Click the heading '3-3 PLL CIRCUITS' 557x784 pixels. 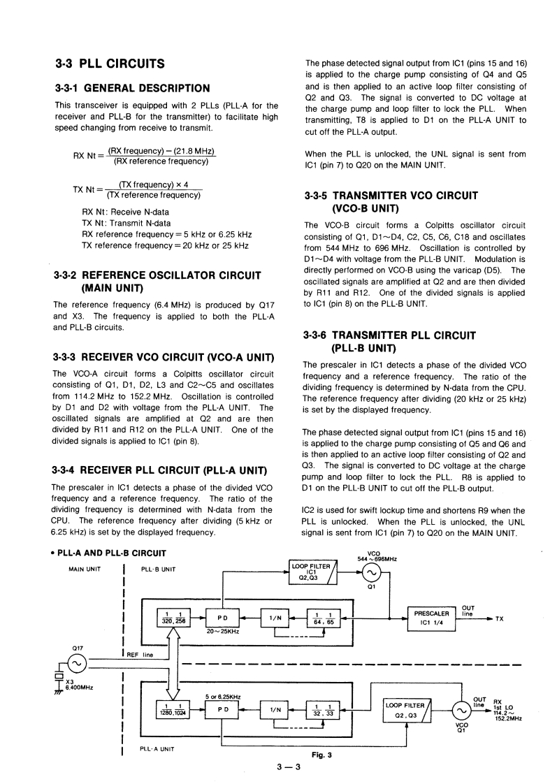tap(110, 64)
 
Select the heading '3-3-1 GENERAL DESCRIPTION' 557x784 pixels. tap(132, 88)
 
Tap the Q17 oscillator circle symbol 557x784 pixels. tap(75, 663)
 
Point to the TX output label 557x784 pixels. tap(499, 619)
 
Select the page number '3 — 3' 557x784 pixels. tap(288, 767)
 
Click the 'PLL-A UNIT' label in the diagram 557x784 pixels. tap(158, 748)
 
